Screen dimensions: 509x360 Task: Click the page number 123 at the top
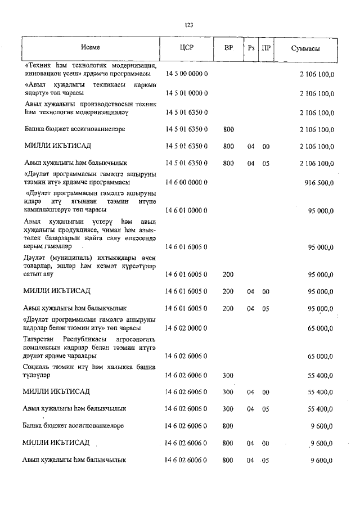point(189,25)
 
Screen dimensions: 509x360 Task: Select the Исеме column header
point(90,48)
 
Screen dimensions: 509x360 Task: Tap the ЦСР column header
point(187,48)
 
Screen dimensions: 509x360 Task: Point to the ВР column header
point(228,48)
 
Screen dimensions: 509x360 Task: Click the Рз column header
point(251,48)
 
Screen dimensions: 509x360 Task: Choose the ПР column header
point(267,48)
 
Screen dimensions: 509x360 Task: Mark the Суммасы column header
point(306,48)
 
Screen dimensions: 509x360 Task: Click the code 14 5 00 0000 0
point(187,74)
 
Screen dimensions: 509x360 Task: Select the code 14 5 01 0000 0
point(187,93)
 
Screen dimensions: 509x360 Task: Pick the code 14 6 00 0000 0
point(187,183)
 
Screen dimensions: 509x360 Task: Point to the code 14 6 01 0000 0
point(187,211)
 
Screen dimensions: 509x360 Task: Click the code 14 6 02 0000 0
point(187,327)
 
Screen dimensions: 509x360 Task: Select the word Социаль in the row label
point(37,367)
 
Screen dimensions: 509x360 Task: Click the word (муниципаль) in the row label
point(69,258)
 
